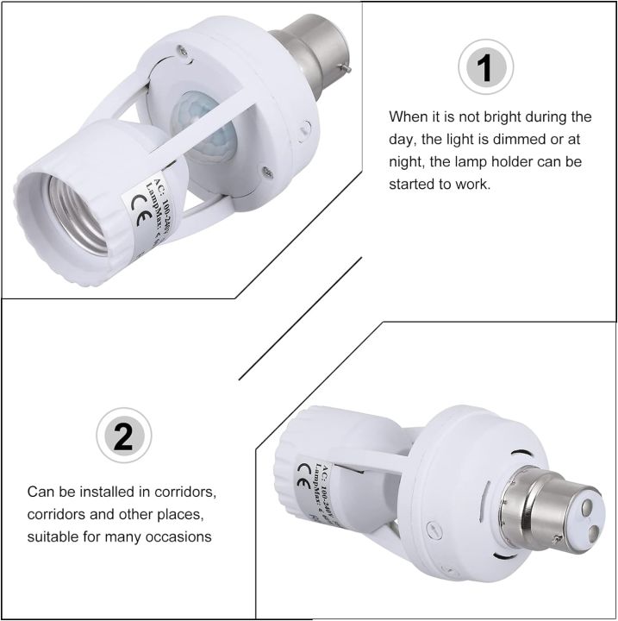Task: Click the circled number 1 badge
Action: pos(485,67)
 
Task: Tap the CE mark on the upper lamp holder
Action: pos(139,204)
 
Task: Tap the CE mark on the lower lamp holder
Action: pos(303,471)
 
